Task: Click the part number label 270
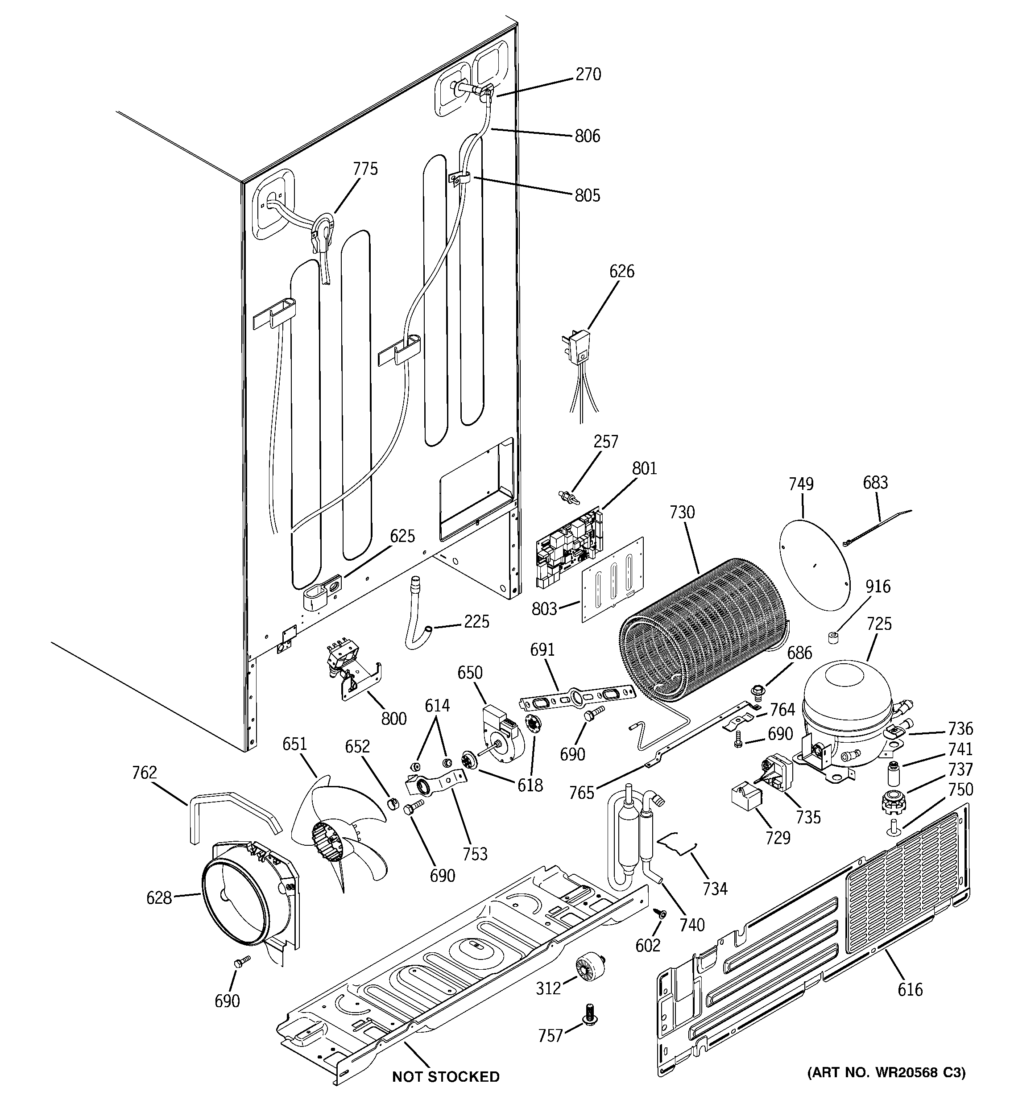tap(588, 74)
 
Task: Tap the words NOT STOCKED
tap(446, 1077)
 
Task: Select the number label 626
tap(621, 272)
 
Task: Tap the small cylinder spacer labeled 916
tap(833, 637)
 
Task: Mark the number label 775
tap(365, 169)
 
